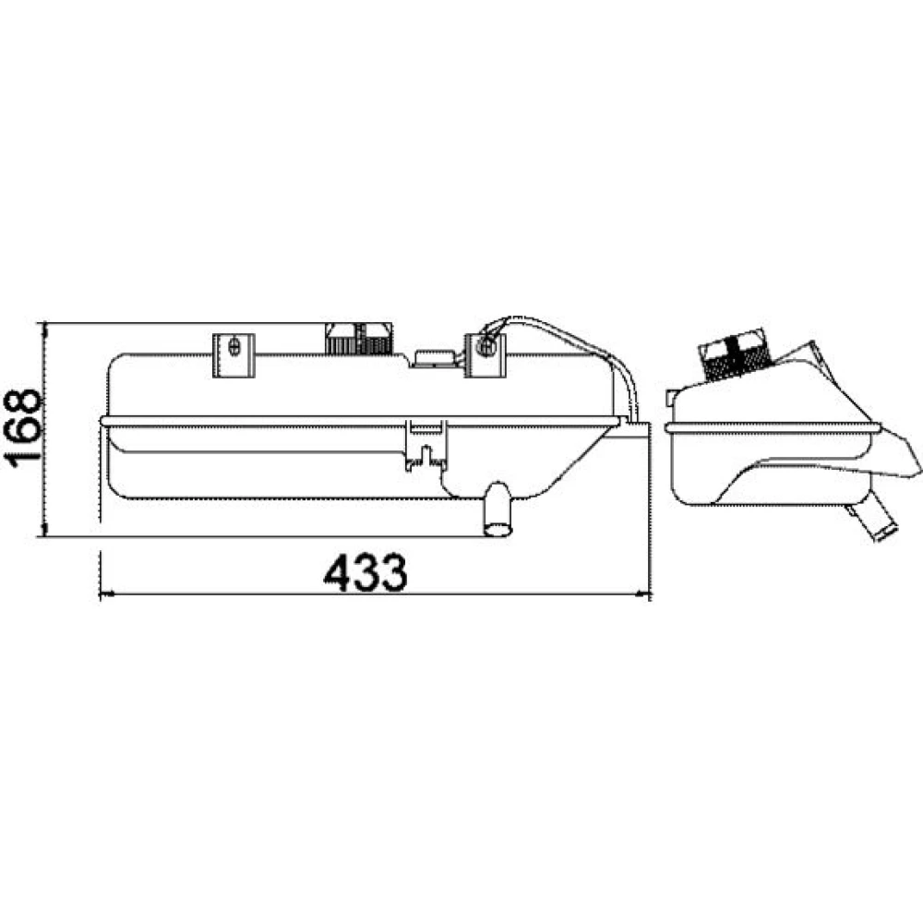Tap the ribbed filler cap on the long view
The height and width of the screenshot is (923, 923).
click(358, 339)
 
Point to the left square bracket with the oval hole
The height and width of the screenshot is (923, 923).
click(234, 355)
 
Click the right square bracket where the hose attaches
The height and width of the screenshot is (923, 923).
click(485, 355)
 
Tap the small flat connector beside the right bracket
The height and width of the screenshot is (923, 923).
click(435, 358)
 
